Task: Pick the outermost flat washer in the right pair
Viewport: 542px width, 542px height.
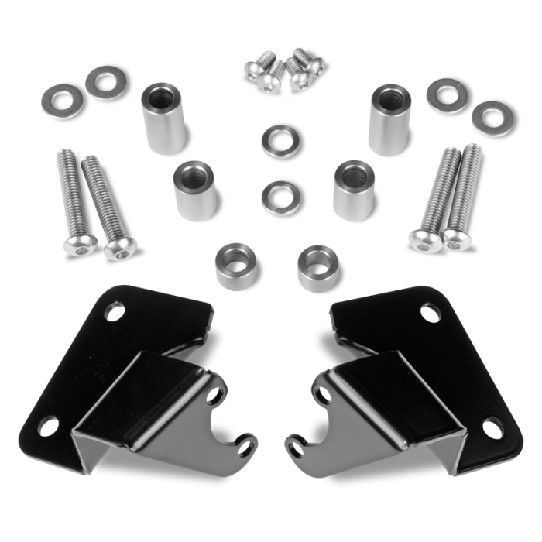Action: click(x=489, y=118)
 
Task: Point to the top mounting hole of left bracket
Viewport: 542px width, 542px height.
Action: click(x=117, y=314)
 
